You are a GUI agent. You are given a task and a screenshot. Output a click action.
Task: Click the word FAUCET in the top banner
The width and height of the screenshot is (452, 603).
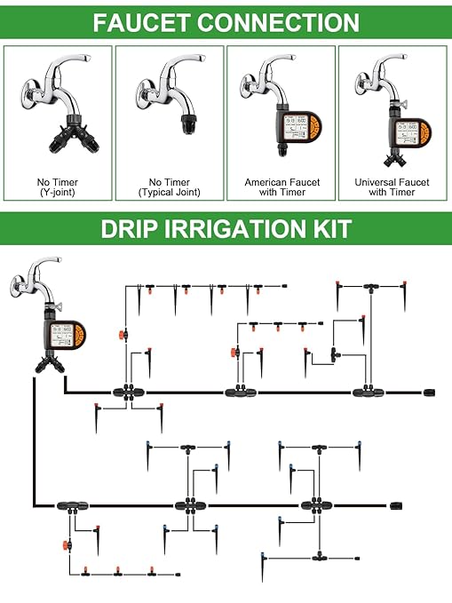coord(140,22)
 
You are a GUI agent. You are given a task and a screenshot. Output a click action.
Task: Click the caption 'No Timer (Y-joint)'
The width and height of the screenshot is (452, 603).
coord(58,187)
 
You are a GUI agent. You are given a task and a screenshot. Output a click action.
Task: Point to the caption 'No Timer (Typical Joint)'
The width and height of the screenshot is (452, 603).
coord(170,187)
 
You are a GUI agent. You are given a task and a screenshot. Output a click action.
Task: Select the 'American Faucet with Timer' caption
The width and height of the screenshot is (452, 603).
coord(282,187)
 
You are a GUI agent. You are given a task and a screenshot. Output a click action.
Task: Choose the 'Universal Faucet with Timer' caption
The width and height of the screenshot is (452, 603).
coord(393,187)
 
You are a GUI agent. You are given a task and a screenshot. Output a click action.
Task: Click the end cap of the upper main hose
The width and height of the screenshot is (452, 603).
coord(432,391)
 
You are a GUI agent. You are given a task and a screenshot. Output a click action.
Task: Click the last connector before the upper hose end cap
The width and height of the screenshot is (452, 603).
coord(365,391)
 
